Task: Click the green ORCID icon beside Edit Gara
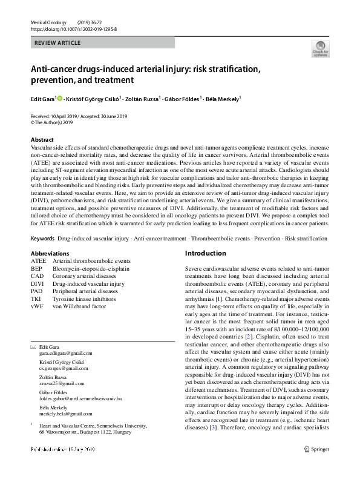[x=60, y=97]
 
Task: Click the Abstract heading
[x=42, y=139]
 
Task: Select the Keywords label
[x=42, y=239]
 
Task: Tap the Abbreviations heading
[x=49, y=253]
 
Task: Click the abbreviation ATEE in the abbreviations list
[x=38, y=261]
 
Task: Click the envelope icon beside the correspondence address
[x=33, y=346]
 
